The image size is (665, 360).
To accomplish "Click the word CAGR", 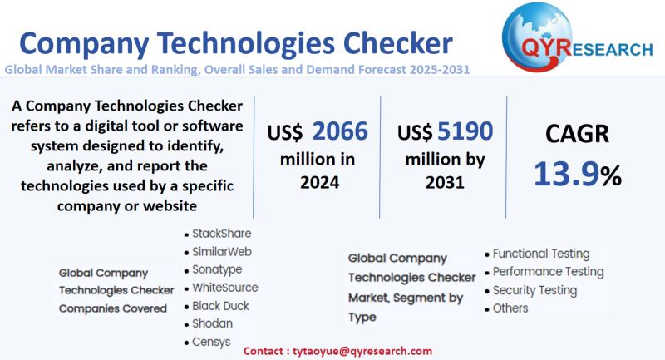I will [578, 135].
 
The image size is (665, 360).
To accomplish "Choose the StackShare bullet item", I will [221, 234].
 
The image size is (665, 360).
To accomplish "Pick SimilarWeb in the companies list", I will [221, 251].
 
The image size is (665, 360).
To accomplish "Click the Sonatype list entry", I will [217, 269].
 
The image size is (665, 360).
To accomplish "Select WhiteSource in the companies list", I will [224, 288].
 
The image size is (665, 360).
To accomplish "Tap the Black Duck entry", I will [220, 306].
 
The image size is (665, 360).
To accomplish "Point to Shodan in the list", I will [212, 323].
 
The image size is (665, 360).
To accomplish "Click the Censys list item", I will [211, 342].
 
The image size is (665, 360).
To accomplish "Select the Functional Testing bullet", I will [541, 254].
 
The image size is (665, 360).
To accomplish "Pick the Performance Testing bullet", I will [548, 272].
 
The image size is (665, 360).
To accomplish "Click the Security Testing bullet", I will [534, 290].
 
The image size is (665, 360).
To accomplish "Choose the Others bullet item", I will [510, 308].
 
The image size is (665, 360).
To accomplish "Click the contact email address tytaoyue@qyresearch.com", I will [367, 352].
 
